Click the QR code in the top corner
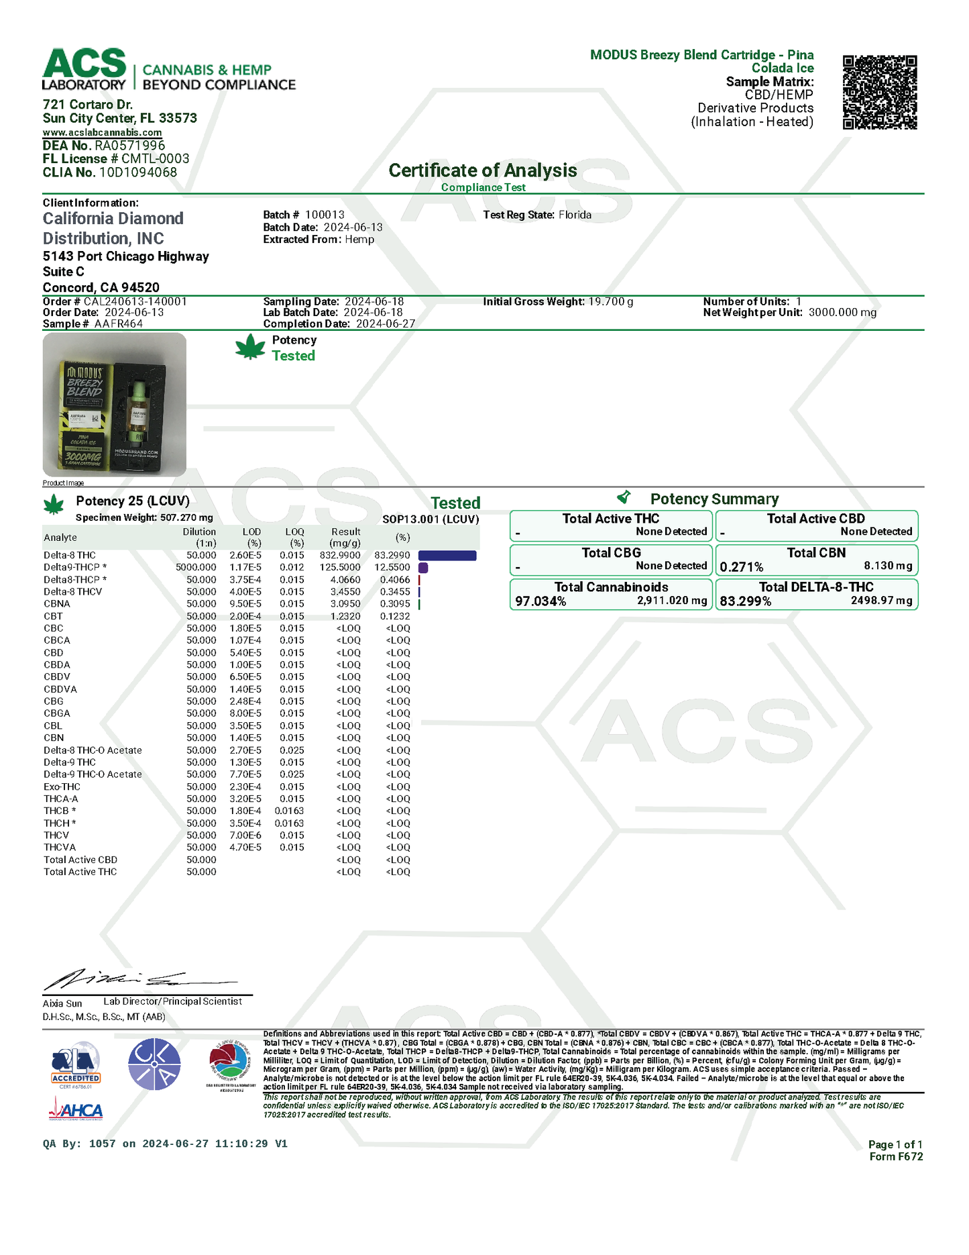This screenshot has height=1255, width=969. pyautogui.click(x=879, y=92)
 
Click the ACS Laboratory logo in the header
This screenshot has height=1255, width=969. pyautogui.click(x=84, y=69)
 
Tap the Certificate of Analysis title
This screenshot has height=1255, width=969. pyautogui.click(x=482, y=170)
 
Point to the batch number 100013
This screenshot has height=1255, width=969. pyautogui.click(x=325, y=215)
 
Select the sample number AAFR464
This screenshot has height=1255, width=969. pyautogui.click(x=119, y=323)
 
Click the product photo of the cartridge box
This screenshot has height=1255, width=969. pyautogui.click(x=115, y=405)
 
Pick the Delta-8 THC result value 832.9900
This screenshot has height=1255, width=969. pyautogui.click(x=340, y=556)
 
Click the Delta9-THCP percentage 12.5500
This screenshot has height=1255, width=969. pyautogui.click(x=392, y=568)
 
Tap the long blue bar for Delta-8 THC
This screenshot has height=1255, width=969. pyautogui.click(x=447, y=556)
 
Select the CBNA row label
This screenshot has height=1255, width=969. pyautogui.click(x=57, y=604)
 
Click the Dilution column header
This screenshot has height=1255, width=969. pyautogui.click(x=199, y=532)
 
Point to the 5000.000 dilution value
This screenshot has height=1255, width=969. pyautogui.click(x=196, y=568)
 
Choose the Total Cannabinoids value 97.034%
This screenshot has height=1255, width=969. pyautogui.click(x=540, y=601)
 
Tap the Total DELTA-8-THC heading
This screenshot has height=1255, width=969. pyautogui.click(x=816, y=587)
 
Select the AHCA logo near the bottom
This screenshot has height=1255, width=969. pyautogui.click(x=76, y=1111)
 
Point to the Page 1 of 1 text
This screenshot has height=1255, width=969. pyautogui.click(x=895, y=1144)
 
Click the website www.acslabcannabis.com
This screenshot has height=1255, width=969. pyautogui.click(x=102, y=132)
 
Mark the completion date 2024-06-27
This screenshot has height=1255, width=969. pyautogui.click(x=386, y=323)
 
